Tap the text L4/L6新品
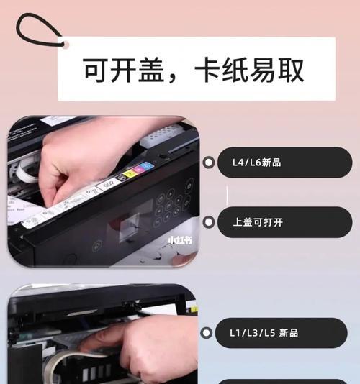(256, 163)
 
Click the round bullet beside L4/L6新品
(209, 163)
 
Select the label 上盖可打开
(258, 222)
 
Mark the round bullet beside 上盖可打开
(209, 222)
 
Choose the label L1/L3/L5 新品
(264, 333)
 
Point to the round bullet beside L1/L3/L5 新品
(209, 333)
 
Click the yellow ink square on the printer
(130, 173)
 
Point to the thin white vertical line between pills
(228, 193)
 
